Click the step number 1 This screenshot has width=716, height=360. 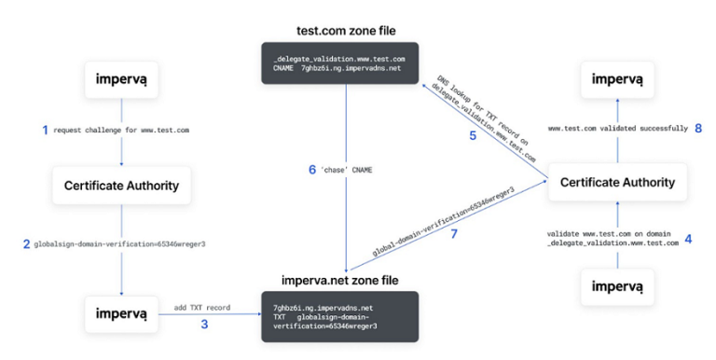click(44, 130)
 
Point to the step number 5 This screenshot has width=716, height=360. click(472, 134)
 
